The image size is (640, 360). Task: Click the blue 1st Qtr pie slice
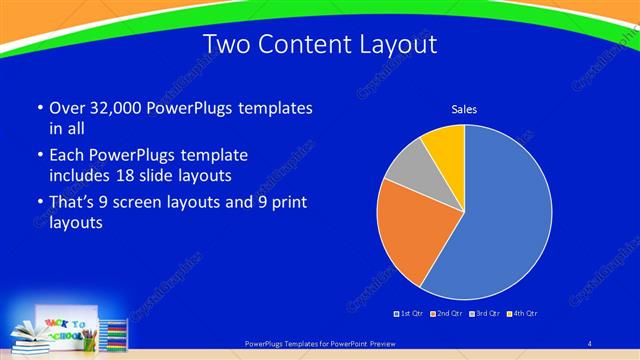500,220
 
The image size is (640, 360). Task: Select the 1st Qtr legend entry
410,314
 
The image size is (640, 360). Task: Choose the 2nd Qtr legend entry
445,314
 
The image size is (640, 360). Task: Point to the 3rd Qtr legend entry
482,314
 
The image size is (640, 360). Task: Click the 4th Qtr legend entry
520,314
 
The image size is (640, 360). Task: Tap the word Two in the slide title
225,45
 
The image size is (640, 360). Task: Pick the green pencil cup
90,342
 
